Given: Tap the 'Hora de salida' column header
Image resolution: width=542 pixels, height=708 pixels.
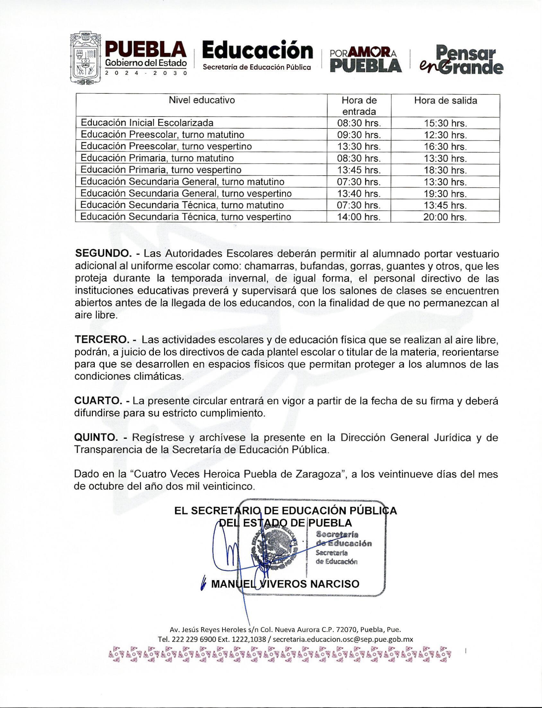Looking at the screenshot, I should pyautogui.click(x=445, y=101).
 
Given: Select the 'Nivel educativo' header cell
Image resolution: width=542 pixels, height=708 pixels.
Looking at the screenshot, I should pyautogui.click(x=202, y=100).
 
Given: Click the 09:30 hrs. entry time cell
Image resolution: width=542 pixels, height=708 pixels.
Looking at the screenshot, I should pyautogui.click(x=359, y=135).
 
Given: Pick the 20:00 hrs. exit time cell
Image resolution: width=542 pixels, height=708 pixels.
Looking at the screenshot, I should pyautogui.click(x=445, y=217).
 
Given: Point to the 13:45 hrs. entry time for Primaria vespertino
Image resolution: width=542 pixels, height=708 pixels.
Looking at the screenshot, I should pyautogui.click(x=359, y=170).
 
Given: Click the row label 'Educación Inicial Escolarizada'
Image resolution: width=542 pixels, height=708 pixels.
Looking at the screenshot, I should pyautogui.click(x=147, y=123).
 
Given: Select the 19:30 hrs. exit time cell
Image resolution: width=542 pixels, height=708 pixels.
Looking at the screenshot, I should pyautogui.click(x=445, y=194).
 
